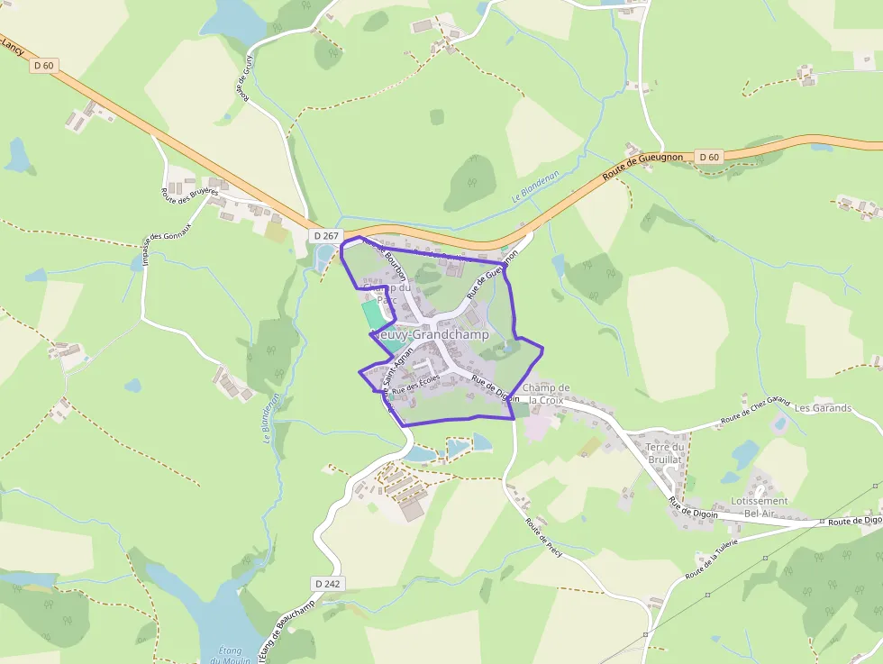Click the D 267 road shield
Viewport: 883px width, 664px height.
326,236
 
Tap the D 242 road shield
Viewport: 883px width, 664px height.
328,584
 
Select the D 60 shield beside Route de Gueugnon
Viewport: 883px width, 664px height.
708,157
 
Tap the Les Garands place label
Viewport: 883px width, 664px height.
823,408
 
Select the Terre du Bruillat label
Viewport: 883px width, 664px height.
667,452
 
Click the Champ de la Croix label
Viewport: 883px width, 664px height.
546,394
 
